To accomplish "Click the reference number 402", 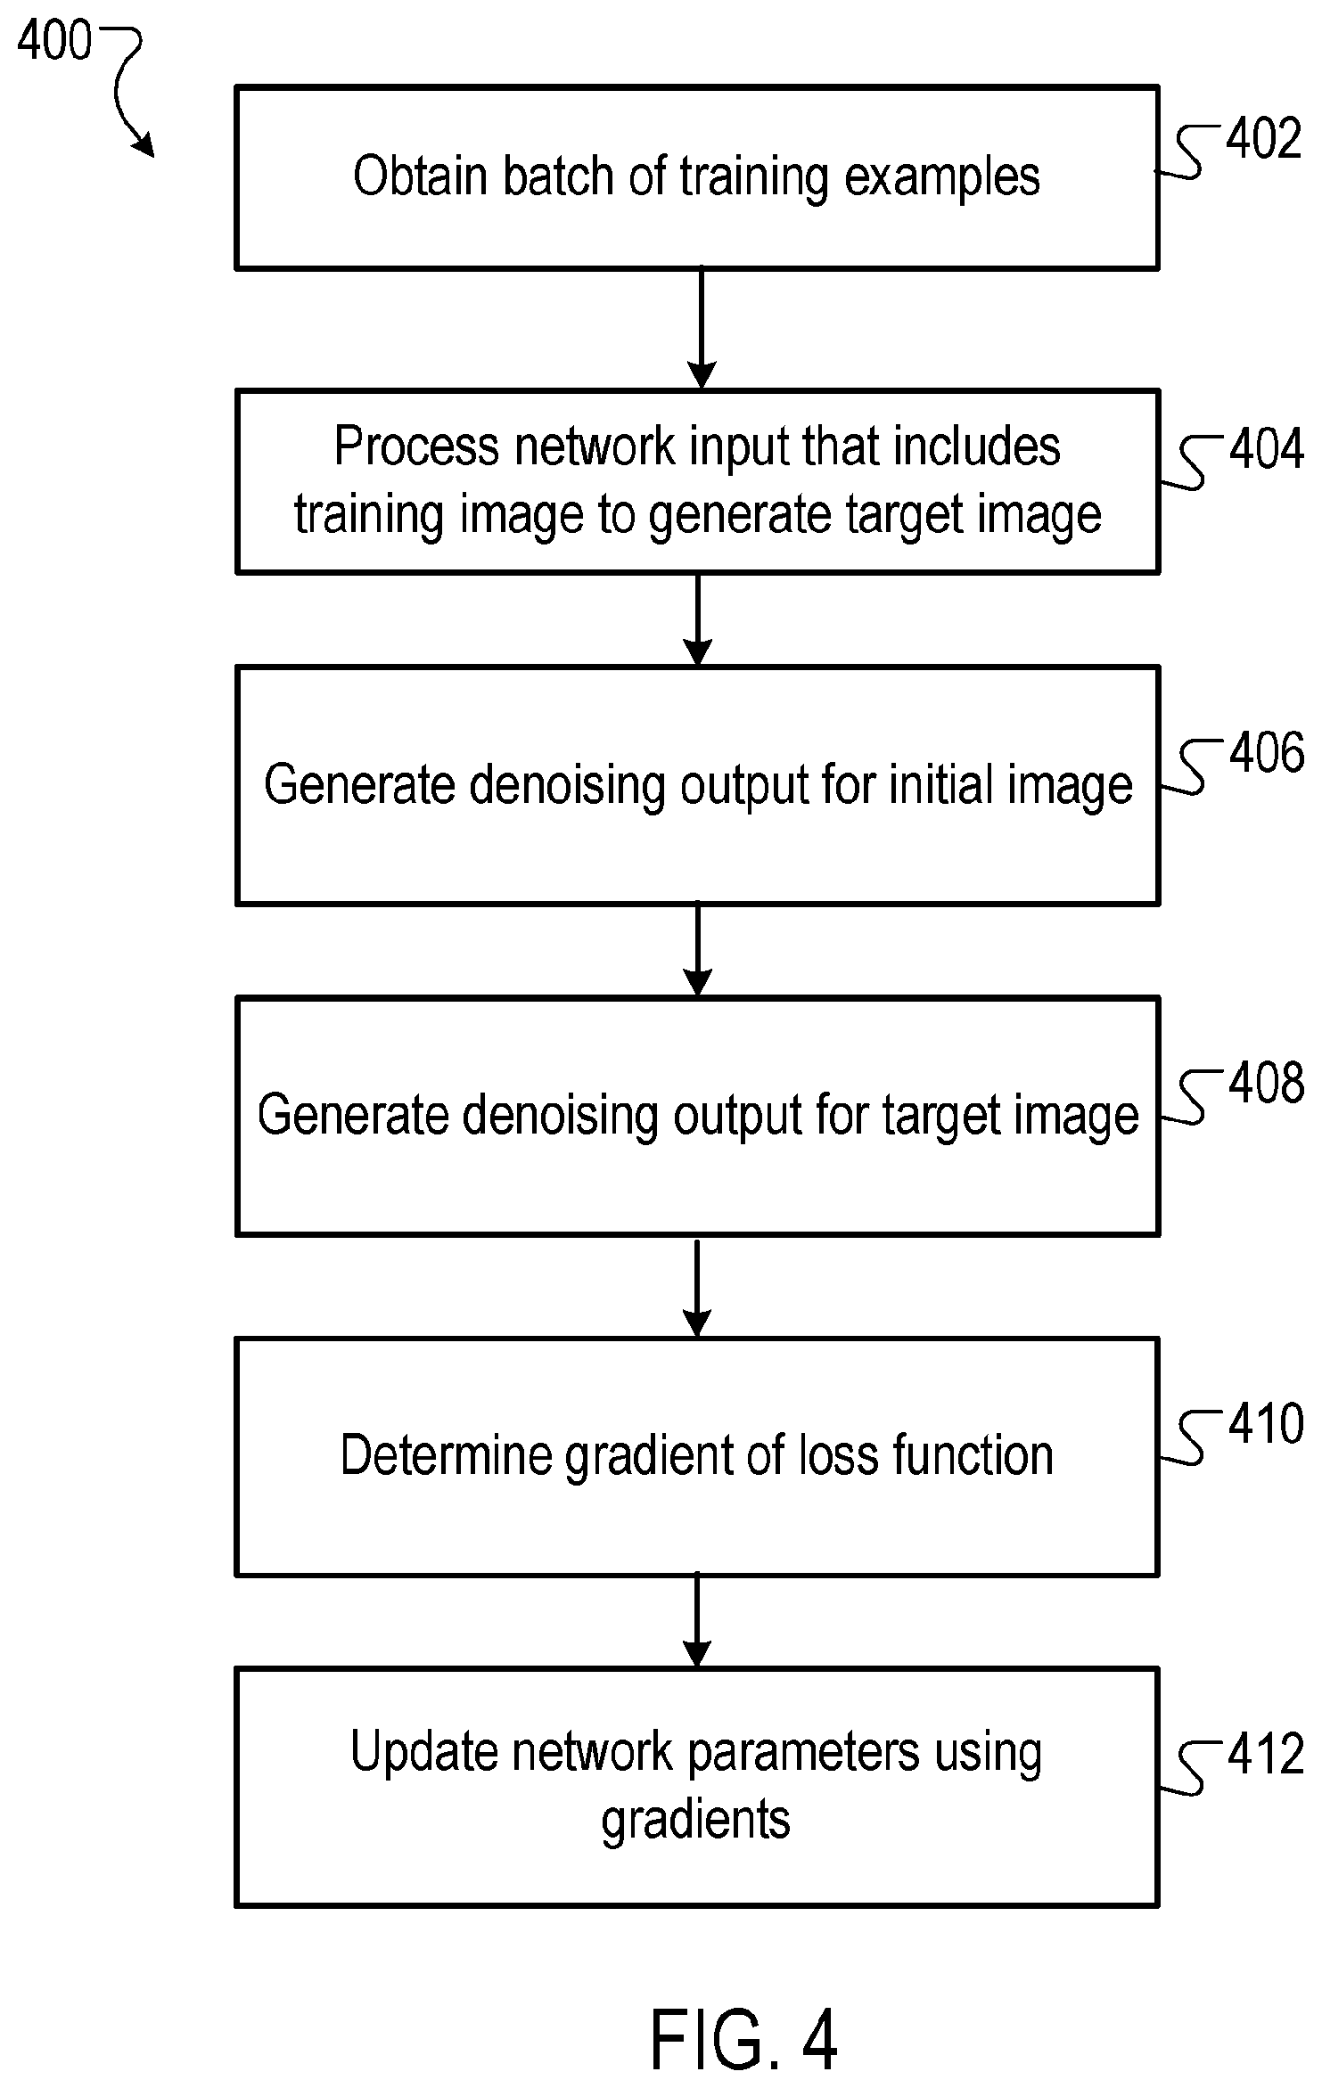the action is [1264, 140].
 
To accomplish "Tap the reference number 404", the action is [1267, 449].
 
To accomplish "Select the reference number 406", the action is [1267, 753].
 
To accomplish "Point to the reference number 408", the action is [1267, 1084].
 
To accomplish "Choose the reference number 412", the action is [1267, 1756].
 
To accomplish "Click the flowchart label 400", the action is [54, 41].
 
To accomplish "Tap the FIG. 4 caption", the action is [744, 2041].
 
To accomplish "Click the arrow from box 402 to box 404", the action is [702, 329].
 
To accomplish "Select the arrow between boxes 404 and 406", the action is [697, 619].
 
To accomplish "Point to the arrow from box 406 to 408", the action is [697, 950].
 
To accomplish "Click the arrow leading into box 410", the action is [697, 1286].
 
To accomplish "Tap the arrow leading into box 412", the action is [697, 1622].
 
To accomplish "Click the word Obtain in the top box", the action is [421, 176].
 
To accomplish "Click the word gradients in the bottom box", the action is [696, 1822].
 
